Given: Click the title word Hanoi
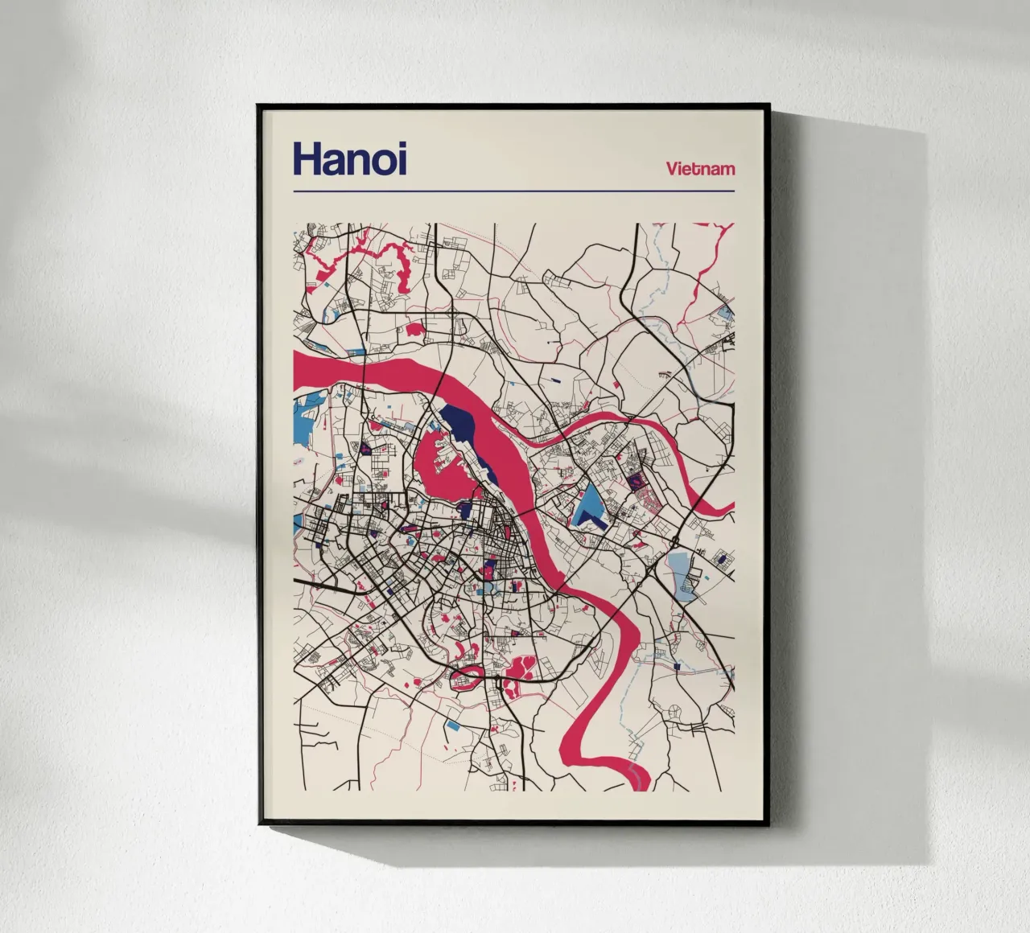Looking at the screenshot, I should [350, 158].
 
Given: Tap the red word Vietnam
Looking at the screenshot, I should [700, 169].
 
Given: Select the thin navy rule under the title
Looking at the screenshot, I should [514, 192].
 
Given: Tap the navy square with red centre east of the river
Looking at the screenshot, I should [637, 479].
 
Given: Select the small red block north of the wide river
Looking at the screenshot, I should [415, 327].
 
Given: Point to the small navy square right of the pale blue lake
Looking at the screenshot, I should [722, 557].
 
